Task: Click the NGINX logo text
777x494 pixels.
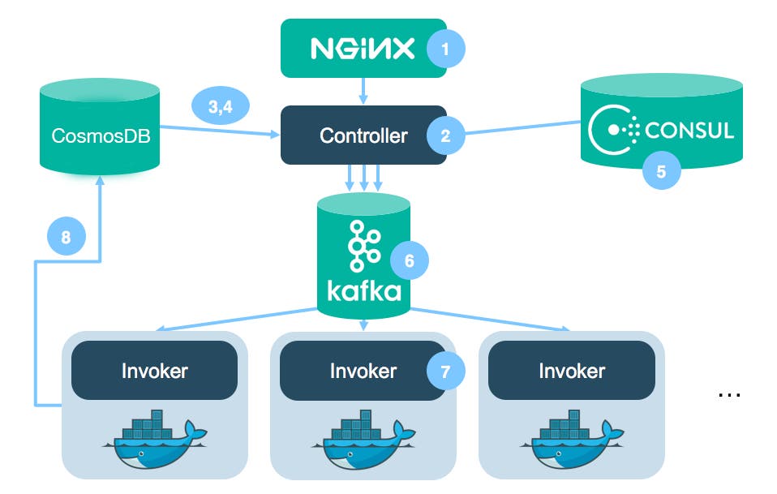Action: click(x=362, y=49)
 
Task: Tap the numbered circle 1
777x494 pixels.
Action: click(x=445, y=49)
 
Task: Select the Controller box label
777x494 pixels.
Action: click(x=363, y=135)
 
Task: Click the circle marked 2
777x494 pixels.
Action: click(x=445, y=135)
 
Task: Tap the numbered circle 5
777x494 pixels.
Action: click(x=660, y=171)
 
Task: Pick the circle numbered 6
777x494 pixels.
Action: click(x=409, y=260)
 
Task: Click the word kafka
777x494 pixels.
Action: click(x=363, y=290)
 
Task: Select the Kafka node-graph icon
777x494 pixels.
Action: click(x=363, y=245)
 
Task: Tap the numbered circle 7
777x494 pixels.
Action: click(x=446, y=372)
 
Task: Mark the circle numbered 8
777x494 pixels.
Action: click(x=66, y=238)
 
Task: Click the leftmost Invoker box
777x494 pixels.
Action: click(x=155, y=371)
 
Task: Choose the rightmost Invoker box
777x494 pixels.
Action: click(x=572, y=371)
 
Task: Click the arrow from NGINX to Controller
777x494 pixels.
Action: click(x=363, y=91)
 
